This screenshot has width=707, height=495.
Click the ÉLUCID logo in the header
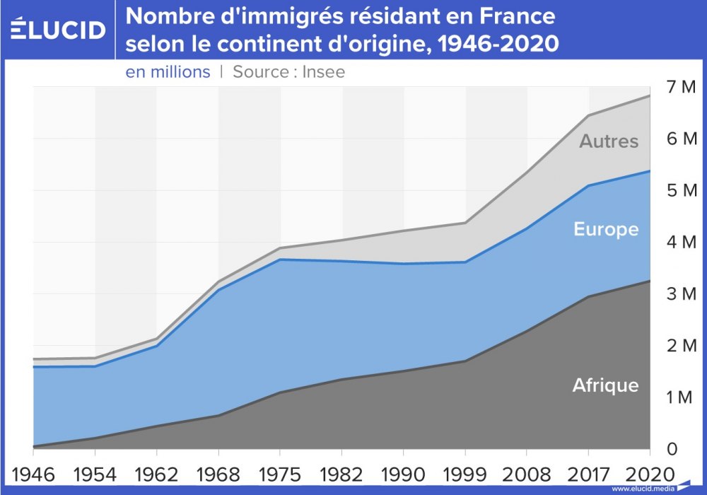click(x=59, y=29)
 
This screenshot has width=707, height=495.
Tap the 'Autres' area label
click(x=609, y=141)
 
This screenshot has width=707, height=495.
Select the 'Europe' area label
click(x=606, y=230)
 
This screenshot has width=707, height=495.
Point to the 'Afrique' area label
click(x=605, y=385)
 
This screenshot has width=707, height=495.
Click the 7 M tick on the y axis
click(x=682, y=87)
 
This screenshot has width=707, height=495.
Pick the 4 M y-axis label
click(x=682, y=242)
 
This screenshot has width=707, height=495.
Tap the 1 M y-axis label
click(x=682, y=397)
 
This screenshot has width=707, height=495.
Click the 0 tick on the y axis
click(x=672, y=449)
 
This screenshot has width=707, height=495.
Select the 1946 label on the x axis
click(x=33, y=472)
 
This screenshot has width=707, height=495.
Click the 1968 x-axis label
click(x=218, y=472)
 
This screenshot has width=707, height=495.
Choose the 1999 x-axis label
click(x=464, y=472)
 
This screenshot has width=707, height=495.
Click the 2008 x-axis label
click(x=527, y=472)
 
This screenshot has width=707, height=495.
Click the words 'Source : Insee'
click(x=288, y=72)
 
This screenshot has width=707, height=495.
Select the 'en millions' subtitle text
click(x=168, y=72)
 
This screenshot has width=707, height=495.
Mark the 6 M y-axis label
click(x=682, y=139)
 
